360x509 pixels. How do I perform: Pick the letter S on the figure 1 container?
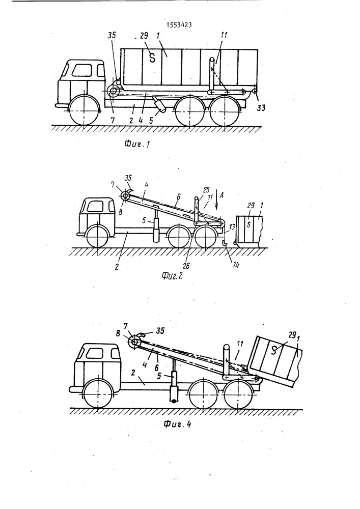click(151, 58)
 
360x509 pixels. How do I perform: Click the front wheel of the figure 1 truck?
click(83, 110)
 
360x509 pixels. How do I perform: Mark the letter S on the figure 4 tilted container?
click(275, 350)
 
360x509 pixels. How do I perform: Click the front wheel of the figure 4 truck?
click(96, 393)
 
